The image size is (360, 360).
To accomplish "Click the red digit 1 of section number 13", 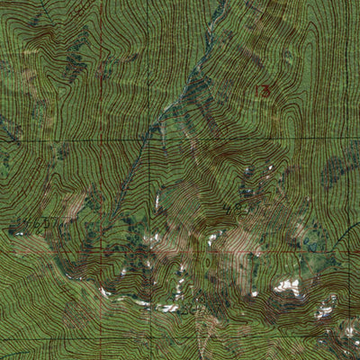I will (259, 91).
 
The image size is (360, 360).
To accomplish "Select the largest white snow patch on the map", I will (288, 286).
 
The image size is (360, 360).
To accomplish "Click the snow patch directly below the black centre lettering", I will (214, 239).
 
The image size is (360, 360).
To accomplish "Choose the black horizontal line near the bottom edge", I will (180, 342).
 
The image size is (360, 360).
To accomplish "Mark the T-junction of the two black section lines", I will (144, 139).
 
